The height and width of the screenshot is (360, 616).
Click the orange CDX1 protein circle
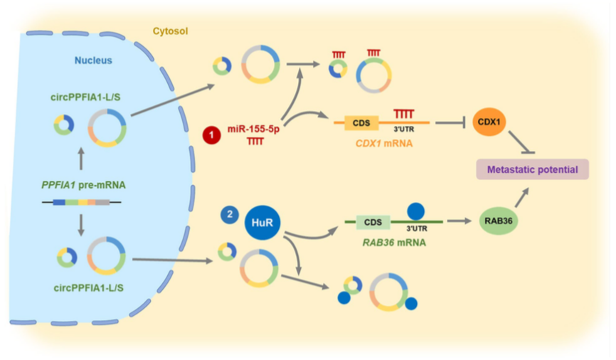coord(487,122)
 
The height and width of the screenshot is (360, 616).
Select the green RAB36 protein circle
coord(498,221)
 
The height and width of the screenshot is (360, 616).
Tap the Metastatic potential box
coord(532,170)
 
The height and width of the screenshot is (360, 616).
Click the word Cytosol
coord(171,31)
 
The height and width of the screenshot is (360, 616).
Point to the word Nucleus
coord(93,60)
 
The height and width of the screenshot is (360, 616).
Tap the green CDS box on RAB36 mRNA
coord(373,221)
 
